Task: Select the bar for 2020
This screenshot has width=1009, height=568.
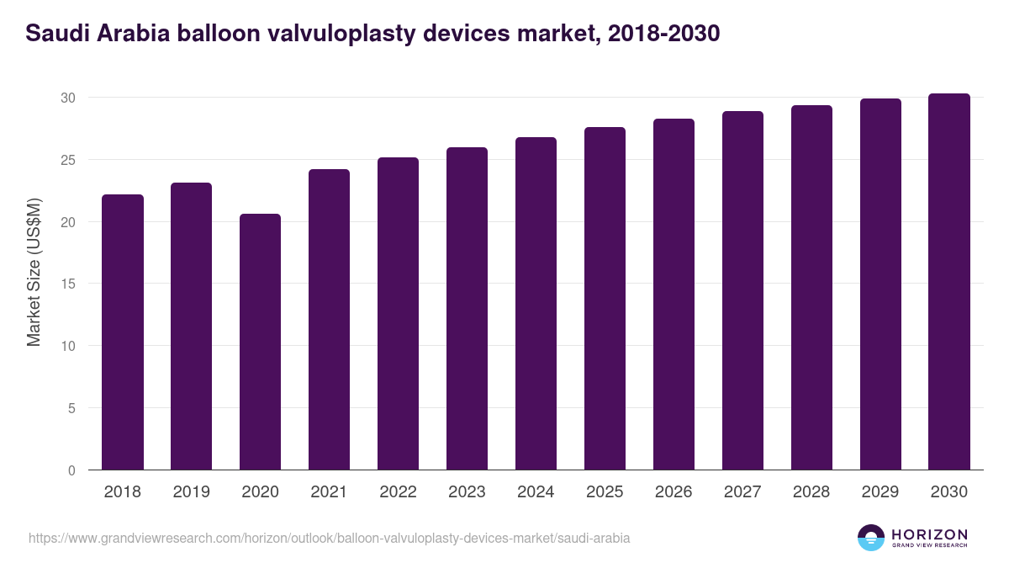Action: (260, 342)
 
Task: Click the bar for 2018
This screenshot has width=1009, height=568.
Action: (123, 332)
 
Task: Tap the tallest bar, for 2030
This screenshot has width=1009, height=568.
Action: (949, 282)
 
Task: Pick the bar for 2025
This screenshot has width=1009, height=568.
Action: (605, 299)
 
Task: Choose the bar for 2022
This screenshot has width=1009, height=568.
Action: (398, 314)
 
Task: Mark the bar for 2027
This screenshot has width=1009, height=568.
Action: (742, 290)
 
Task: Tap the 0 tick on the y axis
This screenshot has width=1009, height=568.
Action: (71, 470)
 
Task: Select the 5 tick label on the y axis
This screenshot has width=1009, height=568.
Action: (71, 408)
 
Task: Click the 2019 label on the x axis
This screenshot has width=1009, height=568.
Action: (192, 492)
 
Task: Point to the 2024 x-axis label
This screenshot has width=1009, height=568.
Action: (536, 492)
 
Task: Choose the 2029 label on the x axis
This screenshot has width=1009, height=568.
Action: (880, 492)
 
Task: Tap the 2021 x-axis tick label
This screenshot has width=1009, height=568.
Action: (329, 492)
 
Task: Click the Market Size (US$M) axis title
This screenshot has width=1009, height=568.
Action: (34, 273)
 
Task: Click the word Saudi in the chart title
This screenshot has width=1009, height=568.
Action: (55, 34)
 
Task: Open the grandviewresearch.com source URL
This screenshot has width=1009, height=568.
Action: (329, 538)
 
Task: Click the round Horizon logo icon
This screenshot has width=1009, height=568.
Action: (871, 538)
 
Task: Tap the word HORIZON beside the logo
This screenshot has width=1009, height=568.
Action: (929, 534)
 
